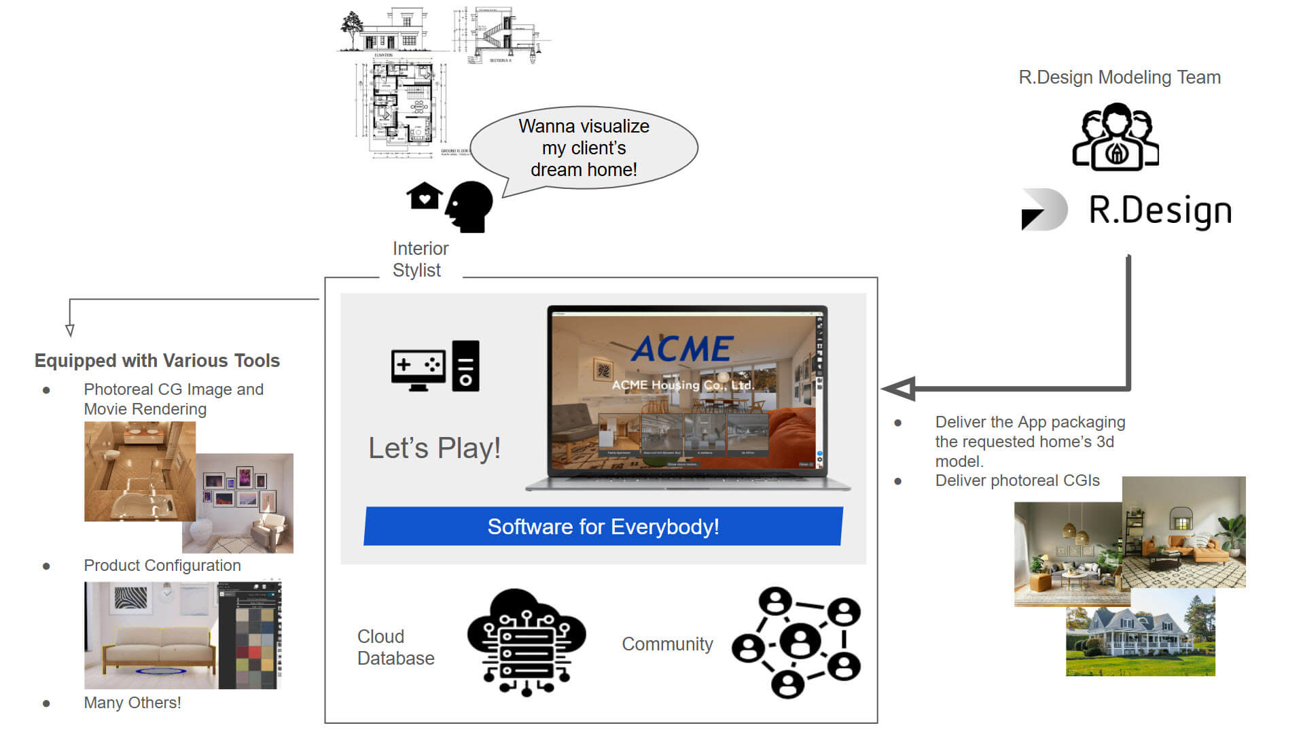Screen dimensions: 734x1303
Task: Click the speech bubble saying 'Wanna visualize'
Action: tap(584, 147)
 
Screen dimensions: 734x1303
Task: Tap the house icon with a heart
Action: tap(424, 196)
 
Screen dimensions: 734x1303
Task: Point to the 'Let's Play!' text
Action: tap(434, 449)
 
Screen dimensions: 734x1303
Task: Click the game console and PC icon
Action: tap(435, 366)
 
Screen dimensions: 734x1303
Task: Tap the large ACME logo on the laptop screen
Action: tap(683, 349)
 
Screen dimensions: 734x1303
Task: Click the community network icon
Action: tap(796, 642)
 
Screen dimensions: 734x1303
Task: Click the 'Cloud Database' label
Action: tap(395, 647)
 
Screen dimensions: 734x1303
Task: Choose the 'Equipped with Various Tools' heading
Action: tap(157, 360)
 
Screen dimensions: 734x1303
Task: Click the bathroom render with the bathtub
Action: tap(139, 471)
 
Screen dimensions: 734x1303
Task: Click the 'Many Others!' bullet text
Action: tap(132, 703)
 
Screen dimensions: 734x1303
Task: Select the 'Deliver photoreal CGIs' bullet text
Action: tap(1017, 480)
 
